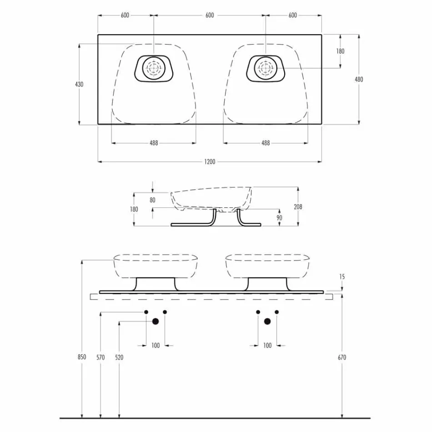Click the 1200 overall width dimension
(210, 162)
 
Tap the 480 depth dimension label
(359, 79)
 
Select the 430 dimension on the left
(80, 84)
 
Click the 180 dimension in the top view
(340, 51)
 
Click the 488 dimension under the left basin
(154, 143)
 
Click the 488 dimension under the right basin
(266, 143)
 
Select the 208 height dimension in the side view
(298, 207)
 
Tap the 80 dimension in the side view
(152, 199)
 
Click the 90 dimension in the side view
(279, 218)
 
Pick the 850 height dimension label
(81, 357)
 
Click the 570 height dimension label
(100, 357)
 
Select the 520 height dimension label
(119, 357)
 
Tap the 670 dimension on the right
(342, 357)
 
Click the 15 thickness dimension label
(342, 276)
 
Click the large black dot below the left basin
(156, 321)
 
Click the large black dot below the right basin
(267, 321)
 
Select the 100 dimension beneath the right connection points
(267, 346)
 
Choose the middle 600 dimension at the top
(210, 15)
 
